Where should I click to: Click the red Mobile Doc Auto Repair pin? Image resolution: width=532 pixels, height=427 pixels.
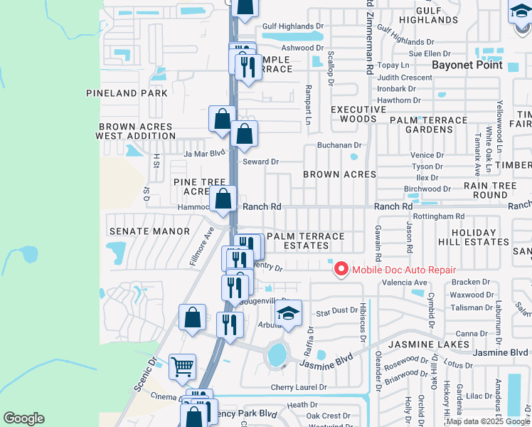(x=341, y=270)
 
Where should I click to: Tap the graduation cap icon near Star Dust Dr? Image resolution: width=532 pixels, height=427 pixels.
(x=289, y=313)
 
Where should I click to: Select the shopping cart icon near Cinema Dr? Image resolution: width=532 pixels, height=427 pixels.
(x=183, y=367)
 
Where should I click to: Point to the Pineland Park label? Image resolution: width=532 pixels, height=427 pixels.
(x=127, y=93)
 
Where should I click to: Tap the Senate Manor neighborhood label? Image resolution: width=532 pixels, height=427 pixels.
(x=150, y=231)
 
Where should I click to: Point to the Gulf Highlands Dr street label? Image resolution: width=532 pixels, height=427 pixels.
(x=292, y=26)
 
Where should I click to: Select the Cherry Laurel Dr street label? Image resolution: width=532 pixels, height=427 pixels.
(x=298, y=388)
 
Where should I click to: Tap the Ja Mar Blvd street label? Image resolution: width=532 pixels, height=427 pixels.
(x=204, y=153)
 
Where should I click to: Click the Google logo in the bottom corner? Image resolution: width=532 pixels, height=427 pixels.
(x=24, y=418)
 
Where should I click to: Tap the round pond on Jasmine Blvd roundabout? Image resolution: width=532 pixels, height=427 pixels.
(x=276, y=354)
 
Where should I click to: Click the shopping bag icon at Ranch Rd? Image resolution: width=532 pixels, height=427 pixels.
(x=223, y=199)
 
